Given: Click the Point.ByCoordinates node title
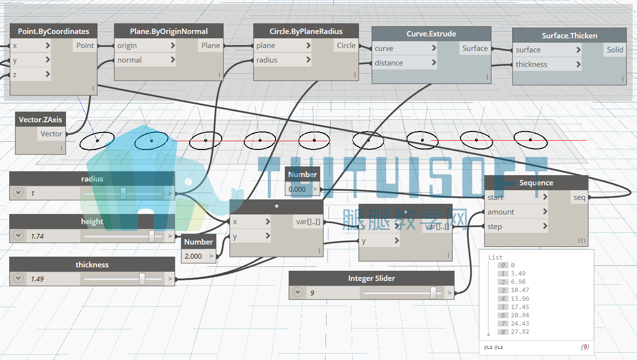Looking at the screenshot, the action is [53, 31].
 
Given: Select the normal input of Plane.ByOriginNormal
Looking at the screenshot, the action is [130, 60].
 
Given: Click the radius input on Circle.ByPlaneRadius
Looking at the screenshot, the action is [267, 60].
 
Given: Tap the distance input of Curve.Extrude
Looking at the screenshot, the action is [389, 63].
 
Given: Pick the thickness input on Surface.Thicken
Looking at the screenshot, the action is [532, 64].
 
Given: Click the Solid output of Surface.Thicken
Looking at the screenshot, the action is [615, 50].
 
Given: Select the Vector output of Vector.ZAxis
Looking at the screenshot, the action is [51, 133].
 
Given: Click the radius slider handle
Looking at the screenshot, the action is [123, 194].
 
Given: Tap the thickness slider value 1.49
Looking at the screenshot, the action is [37, 278].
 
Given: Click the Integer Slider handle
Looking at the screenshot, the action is [433, 293].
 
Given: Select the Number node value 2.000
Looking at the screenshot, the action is [193, 256].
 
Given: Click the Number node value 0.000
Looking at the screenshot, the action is [297, 189].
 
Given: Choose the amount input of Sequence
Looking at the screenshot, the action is [501, 212].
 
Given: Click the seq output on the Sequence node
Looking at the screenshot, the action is [579, 197].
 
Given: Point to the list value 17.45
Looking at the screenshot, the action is [520, 307].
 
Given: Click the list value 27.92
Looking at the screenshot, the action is [520, 331].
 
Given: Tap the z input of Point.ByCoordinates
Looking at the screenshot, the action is [15, 75].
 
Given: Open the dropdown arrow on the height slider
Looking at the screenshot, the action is [18, 235].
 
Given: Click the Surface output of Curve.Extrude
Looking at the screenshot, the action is [475, 49].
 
